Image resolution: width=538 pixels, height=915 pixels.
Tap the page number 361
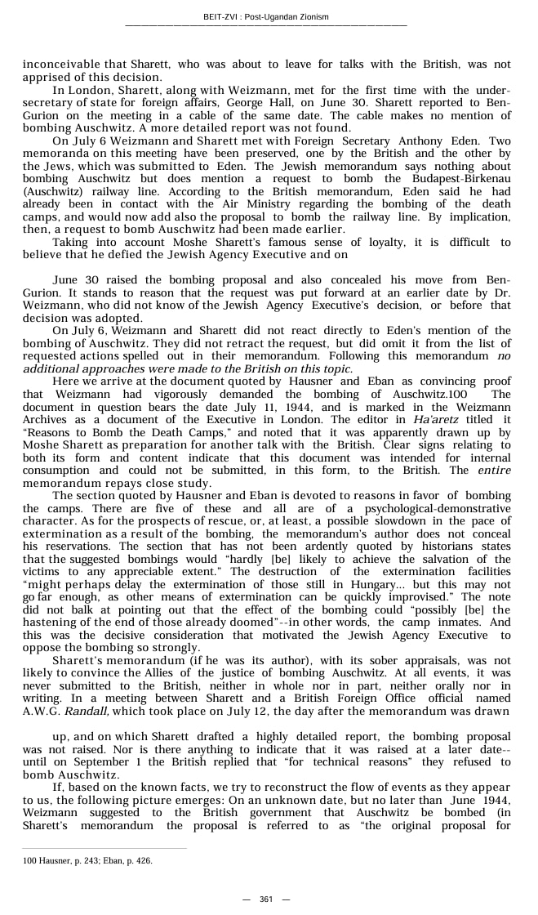click(266, 899)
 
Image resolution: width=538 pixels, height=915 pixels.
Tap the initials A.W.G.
click(40, 711)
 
